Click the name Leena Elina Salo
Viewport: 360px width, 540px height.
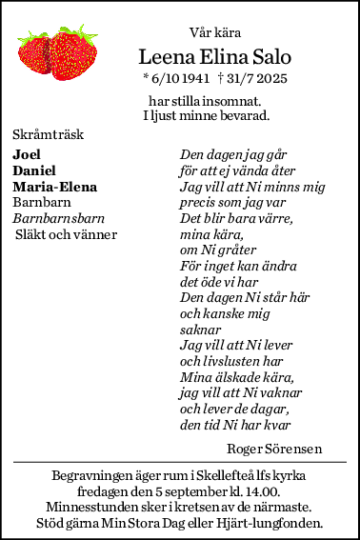point(214,56)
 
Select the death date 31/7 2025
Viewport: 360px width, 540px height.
point(253,77)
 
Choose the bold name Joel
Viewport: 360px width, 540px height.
point(27,154)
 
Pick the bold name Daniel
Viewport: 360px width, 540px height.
point(33,170)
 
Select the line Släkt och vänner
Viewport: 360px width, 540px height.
point(66,234)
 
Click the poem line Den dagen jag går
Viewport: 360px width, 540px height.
point(233,154)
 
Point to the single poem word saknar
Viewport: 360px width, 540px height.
point(200,329)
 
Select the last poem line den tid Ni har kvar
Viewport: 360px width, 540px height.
point(234,425)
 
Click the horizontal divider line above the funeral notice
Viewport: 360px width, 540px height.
point(180,462)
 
